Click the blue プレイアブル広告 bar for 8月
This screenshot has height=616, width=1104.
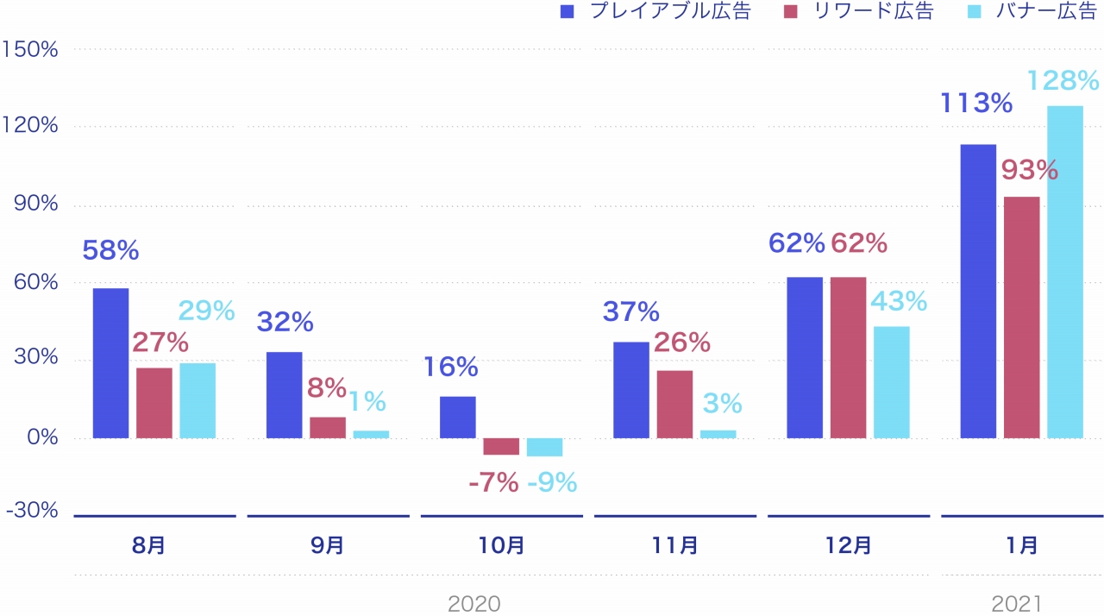(110, 363)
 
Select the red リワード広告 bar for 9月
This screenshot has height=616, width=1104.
(327, 428)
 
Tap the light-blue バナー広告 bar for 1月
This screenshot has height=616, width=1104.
(1064, 272)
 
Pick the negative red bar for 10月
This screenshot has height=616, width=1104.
(501, 446)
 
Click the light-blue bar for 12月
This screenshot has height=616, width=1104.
(891, 382)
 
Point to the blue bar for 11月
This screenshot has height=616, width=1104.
(630, 390)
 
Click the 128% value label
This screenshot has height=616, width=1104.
(1063, 81)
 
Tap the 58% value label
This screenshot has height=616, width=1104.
(110, 251)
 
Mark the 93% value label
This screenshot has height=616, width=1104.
(1029, 170)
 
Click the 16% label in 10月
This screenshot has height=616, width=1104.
(450, 368)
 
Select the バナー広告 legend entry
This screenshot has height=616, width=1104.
(1040, 12)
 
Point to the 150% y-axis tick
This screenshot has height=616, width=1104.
(31, 49)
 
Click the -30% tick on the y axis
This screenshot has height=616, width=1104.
(32, 511)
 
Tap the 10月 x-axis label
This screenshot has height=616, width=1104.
(501, 545)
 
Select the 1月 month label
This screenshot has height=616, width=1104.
(1022, 545)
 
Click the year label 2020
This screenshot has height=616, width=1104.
(474, 603)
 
